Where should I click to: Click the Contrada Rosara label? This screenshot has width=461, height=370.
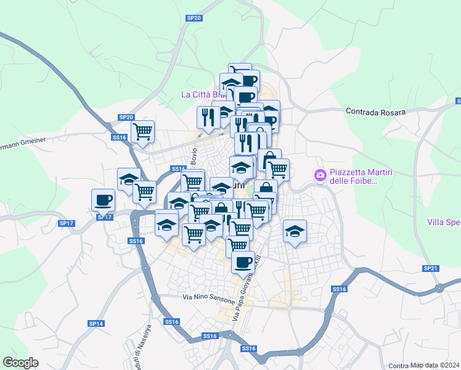(375, 112)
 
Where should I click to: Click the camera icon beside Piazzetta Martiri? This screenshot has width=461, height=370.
(320, 176)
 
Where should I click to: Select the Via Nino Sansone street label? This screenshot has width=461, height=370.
(209, 297)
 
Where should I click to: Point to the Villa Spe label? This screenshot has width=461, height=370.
(443, 221)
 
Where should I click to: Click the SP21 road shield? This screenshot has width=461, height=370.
(430, 268)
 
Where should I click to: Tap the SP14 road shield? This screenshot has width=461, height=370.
(96, 323)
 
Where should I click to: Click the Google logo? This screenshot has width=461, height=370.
(20, 363)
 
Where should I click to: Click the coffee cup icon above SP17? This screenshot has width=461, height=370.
(103, 199)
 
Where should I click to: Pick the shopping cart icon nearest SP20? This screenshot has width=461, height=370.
(142, 131)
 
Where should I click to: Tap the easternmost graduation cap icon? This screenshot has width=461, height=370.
(295, 231)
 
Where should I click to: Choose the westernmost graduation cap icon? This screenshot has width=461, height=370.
(129, 178)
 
